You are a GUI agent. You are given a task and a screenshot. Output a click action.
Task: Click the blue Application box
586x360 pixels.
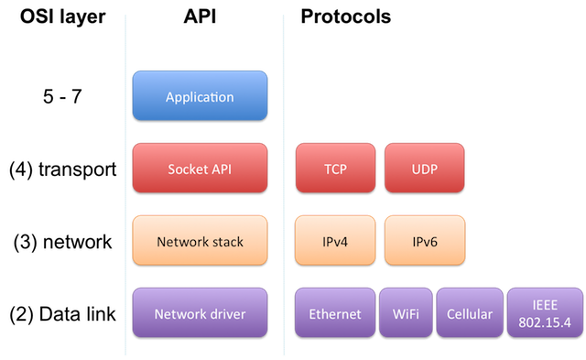point(200,97)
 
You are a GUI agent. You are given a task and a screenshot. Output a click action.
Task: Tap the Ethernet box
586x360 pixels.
point(334,314)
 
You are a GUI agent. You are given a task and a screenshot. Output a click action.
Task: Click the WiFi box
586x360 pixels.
point(406,314)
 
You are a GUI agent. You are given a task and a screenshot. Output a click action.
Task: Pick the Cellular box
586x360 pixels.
point(469,314)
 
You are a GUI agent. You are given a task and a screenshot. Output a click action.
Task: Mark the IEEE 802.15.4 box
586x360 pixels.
point(544,314)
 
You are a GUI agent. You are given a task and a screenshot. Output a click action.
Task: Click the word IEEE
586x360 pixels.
point(544,306)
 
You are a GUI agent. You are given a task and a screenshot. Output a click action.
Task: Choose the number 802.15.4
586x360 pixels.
point(544,322)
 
